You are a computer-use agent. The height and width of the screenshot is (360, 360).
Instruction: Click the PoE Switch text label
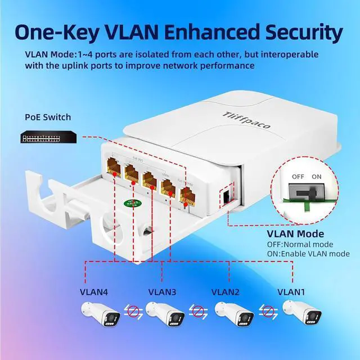pyautogui.click(x=48, y=117)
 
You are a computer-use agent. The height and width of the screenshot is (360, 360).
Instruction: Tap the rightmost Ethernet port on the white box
pyautogui.click(x=187, y=197)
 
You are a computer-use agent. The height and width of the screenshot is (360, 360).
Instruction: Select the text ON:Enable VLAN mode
pyautogui.click(x=308, y=254)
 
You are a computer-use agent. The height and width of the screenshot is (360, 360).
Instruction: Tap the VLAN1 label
pyautogui.click(x=291, y=292)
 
